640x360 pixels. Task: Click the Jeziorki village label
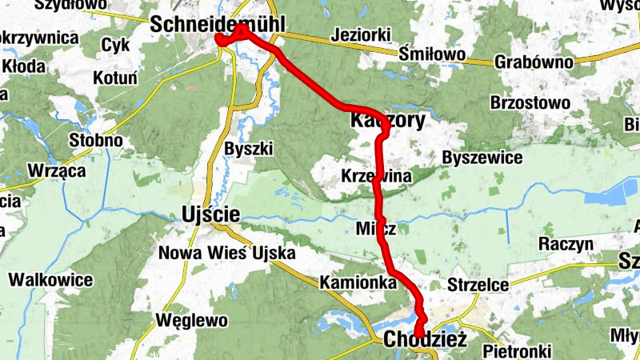[359, 35]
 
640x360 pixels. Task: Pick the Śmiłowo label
[432, 54]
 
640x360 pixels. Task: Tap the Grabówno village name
[534, 62]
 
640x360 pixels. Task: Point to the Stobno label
[95, 141]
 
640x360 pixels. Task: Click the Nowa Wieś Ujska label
[227, 254]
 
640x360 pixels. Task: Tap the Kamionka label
[358, 282]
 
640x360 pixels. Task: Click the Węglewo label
[194, 321]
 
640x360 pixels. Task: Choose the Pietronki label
[518, 350]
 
